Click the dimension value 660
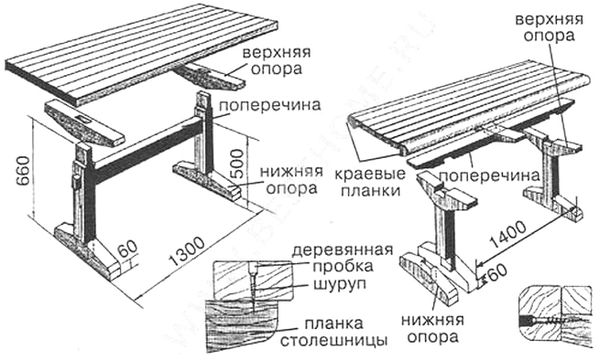[x=23, y=171]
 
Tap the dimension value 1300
[x=188, y=251]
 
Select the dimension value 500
[x=238, y=163]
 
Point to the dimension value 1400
[x=509, y=235]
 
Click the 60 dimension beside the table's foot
[x=127, y=249]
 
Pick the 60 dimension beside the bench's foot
[x=497, y=272]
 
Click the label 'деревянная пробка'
[x=342, y=258]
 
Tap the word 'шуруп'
[x=340, y=285]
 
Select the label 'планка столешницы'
[x=334, y=331]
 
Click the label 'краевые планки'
[x=370, y=182]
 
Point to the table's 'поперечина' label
[x=270, y=105]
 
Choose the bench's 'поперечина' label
[x=489, y=176]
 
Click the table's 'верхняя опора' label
[x=276, y=60]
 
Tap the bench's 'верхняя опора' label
[x=549, y=27]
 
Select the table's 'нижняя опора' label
[x=292, y=180]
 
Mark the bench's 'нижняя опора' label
[x=432, y=329]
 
